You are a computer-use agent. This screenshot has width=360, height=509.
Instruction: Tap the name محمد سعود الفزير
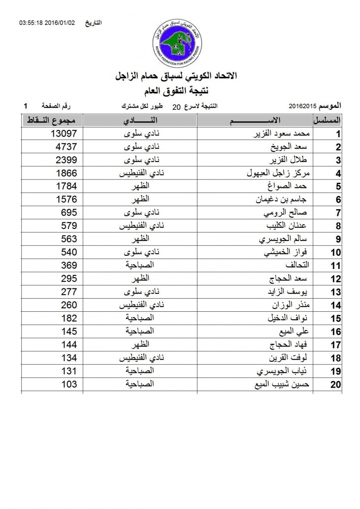[x=282, y=134]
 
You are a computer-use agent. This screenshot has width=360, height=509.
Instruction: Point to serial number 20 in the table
[x=336, y=385]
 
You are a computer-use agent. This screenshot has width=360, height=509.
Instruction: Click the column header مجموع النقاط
[x=52, y=121]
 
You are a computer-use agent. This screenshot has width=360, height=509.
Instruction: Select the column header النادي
[x=140, y=121]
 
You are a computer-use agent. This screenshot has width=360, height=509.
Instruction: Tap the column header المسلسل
[x=327, y=120]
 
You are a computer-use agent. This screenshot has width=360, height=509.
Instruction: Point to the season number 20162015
[x=302, y=105]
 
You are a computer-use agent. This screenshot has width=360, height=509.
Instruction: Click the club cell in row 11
[x=140, y=266]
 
